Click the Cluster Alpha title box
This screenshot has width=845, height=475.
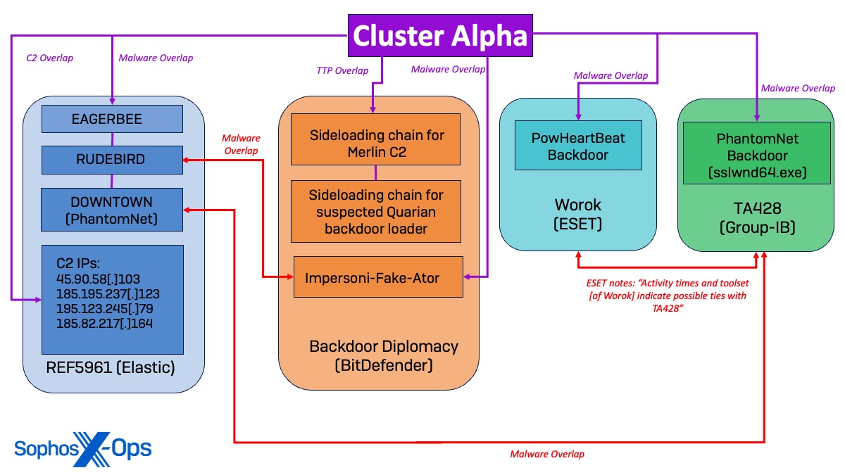(x=440, y=36)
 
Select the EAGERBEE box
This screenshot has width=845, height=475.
(x=112, y=119)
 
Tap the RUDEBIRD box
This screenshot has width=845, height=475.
(x=112, y=159)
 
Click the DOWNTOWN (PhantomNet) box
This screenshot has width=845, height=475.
(x=112, y=209)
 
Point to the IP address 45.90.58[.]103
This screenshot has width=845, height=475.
(x=99, y=278)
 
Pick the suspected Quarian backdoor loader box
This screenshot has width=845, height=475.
(x=376, y=210)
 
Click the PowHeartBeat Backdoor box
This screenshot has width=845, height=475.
(x=578, y=145)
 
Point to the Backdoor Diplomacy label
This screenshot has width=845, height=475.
(x=384, y=355)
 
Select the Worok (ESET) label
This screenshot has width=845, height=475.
(x=578, y=214)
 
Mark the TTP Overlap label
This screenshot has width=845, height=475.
(x=342, y=70)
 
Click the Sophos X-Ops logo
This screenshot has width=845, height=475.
(x=83, y=448)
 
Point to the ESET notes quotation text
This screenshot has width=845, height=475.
(x=667, y=296)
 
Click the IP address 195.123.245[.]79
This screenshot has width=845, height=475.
(x=101, y=308)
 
